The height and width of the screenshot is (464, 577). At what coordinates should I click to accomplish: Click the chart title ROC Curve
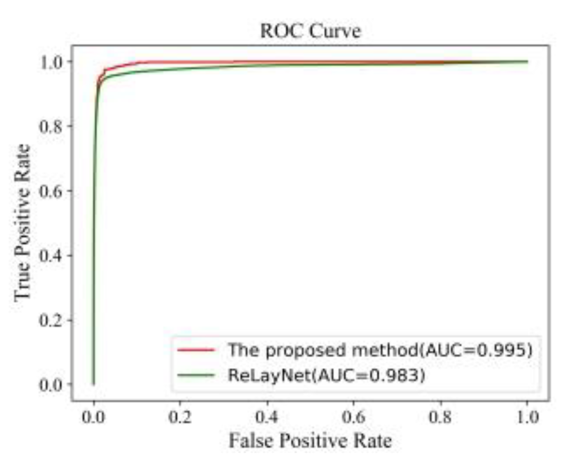(x=310, y=31)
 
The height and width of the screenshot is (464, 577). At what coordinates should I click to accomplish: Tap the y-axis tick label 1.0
(x=51, y=62)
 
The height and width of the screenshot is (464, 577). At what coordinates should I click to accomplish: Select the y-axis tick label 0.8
(x=51, y=126)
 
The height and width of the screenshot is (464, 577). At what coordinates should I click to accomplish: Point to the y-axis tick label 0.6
(x=51, y=191)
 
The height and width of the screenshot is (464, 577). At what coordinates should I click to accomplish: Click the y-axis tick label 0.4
(x=51, y=255)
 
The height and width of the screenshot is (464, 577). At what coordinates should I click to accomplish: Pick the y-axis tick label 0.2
(x=51, y=320)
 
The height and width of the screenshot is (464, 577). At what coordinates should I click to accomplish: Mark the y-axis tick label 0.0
(x=51, y=385)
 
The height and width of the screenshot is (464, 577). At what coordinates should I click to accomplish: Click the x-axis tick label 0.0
(x=93, y=417)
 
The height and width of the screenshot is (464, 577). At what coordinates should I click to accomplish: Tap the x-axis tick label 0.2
(x=180, y=417)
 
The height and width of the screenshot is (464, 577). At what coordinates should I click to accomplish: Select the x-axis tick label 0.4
(x=267, y=417)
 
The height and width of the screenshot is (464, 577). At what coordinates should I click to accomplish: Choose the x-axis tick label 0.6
(x=353, y=417)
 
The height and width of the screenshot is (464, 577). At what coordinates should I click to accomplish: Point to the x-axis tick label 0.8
(x=440, y=417)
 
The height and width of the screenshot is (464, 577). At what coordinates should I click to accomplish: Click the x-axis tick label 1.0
(x=527, y=417)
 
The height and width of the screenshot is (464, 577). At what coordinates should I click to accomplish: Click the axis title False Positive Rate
(x=310, y=441)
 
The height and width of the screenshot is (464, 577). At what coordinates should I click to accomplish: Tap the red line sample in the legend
(x=196, y=350)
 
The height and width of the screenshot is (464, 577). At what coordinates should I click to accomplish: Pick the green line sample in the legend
(x=196, y=375)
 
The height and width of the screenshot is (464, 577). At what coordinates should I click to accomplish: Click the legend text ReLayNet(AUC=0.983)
(x=326, y=375)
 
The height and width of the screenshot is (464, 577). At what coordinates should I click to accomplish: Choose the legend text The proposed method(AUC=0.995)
(x=380, y=350)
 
